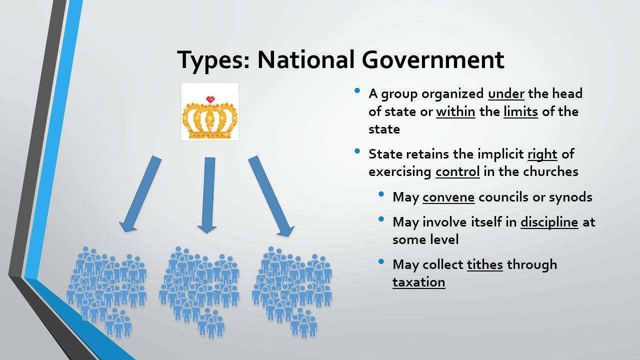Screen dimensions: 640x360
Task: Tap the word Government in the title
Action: pyautogui.click(x=433, y=59)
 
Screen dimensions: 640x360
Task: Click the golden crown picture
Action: pyautogui.click(x=209, y=111)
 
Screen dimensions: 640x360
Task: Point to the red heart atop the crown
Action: pyautogui.click(x=210, y=99)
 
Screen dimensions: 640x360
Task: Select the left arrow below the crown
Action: pyautogui.click(x=140, y=194)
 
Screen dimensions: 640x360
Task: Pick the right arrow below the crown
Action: pyautogui.click(x=271, y=196)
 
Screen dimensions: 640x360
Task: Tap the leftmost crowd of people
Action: pyautogui.click(x=106, y=292)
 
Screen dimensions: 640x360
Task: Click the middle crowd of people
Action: pyautogui.click(x=199, y=292)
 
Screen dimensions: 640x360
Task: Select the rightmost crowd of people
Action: pyautogui.click(x=292, y=292)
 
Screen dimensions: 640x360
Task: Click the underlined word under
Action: pyautogui.click(x=506, y=93)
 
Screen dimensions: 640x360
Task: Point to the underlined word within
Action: pyautogui.click(x=455, y=111)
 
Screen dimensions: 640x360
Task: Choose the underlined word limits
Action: pyautogui.click(x=520, y=111)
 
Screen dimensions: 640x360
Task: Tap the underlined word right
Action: pyautogui.click(x=542, y=154)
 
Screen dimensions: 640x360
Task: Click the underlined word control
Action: pyautogui.click(x=457, y=171)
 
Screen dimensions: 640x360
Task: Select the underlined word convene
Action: pyautogui.click(x=448, y=197)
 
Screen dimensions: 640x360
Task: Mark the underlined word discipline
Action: pyautogui.click(x=549, y=222)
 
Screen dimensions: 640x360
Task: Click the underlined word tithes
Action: pyautogui.click(x=485, y=264)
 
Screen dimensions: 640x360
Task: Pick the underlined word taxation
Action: pyautogui.click(x=419, y=282)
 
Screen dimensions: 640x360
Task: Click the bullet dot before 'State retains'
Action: pyautogui.click(x=357, y=151)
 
